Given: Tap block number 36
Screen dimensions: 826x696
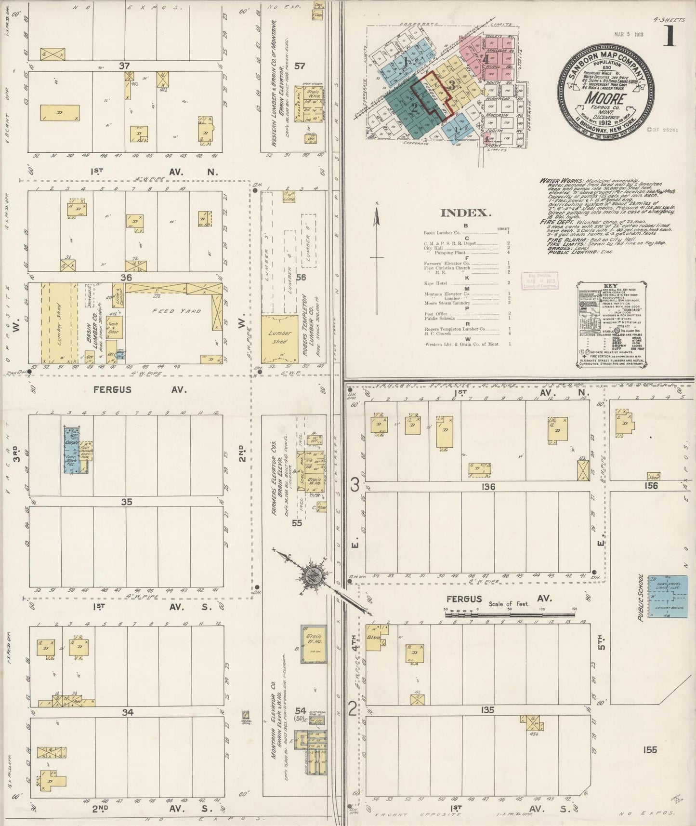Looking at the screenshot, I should pyautogui.click(x=126, y=278).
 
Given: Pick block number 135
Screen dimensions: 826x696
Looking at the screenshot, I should pyautogui.click(x=487, y=710).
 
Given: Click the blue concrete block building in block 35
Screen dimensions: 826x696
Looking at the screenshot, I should pyautogui.click(x=72, y=450).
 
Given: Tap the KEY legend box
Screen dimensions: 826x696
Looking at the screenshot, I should pyautogui.click(x=610, y=325).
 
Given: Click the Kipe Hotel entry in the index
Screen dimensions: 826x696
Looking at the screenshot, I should pyautogui.click(x=435, y=283).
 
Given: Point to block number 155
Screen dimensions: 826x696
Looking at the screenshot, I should pyautogui.click(x=649, y=749).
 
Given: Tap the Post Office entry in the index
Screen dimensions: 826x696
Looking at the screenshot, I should pyautogui.click(x=436, y=314).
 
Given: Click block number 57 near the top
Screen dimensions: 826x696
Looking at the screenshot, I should pyautogui.click(x=300, y=66).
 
